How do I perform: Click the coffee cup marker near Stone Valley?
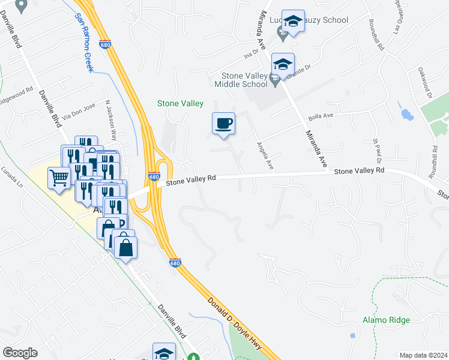point(223,124)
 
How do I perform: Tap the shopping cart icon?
point(59,177)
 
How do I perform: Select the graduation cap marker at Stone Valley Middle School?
point(283,64)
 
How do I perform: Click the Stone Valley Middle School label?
point(244,80)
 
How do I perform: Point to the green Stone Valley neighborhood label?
point(180,103)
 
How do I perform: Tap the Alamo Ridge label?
point(386,320)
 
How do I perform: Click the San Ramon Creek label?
point(84,43)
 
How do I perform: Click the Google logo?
point(20,353)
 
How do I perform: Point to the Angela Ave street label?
point(265,155)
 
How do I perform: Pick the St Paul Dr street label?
point(378,152)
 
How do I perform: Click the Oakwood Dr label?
point(426,83)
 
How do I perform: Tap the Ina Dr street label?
point(250,55)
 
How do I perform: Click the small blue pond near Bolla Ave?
point(406,114)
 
